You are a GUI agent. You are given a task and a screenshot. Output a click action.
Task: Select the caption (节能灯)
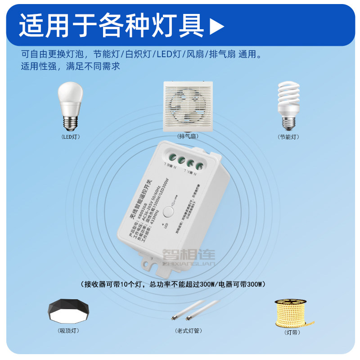coord(288,137)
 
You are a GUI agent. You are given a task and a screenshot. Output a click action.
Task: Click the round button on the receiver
coord(169,211)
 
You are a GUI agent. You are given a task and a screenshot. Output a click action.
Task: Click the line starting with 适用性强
coord(70,67)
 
